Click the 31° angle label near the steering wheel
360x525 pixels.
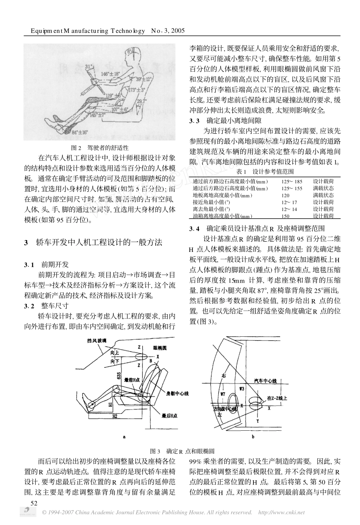point(89,67)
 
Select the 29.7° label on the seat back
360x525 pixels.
point(141,101)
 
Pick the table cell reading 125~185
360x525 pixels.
point(292,182)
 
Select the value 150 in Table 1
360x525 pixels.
point(285,216)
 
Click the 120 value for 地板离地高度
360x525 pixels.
point(285,195)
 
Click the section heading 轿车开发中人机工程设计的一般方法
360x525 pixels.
point(99,242)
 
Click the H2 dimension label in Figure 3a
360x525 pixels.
point(115,416)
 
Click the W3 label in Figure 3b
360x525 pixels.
point(242,388)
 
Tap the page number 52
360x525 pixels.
point(34,502)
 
